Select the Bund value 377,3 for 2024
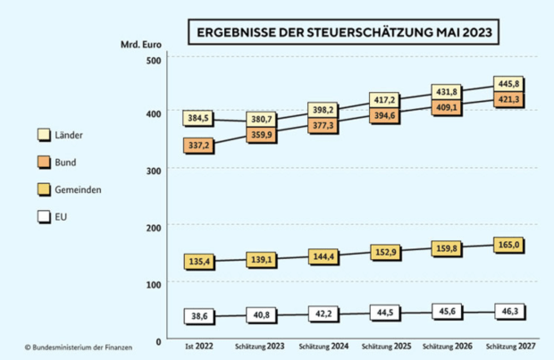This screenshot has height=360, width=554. (x=322, y=126)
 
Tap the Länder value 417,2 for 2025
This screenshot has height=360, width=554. (x=385, y=99)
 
